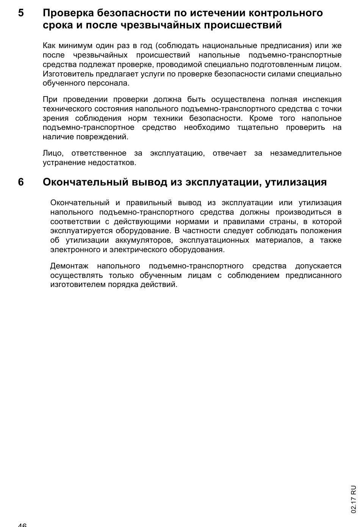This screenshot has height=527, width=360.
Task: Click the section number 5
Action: [21, 13]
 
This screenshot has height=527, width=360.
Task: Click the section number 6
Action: [21, 182]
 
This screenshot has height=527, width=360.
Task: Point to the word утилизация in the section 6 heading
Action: [296, 182]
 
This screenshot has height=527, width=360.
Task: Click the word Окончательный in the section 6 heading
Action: [86, 182]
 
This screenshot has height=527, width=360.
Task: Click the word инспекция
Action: [322, 100]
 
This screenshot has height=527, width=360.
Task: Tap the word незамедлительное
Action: [305, 153]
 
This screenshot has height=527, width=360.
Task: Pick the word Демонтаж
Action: [69, 266]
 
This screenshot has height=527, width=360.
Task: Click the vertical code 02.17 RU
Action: [354, 499]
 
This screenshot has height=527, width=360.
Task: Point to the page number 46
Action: [22, 524]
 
